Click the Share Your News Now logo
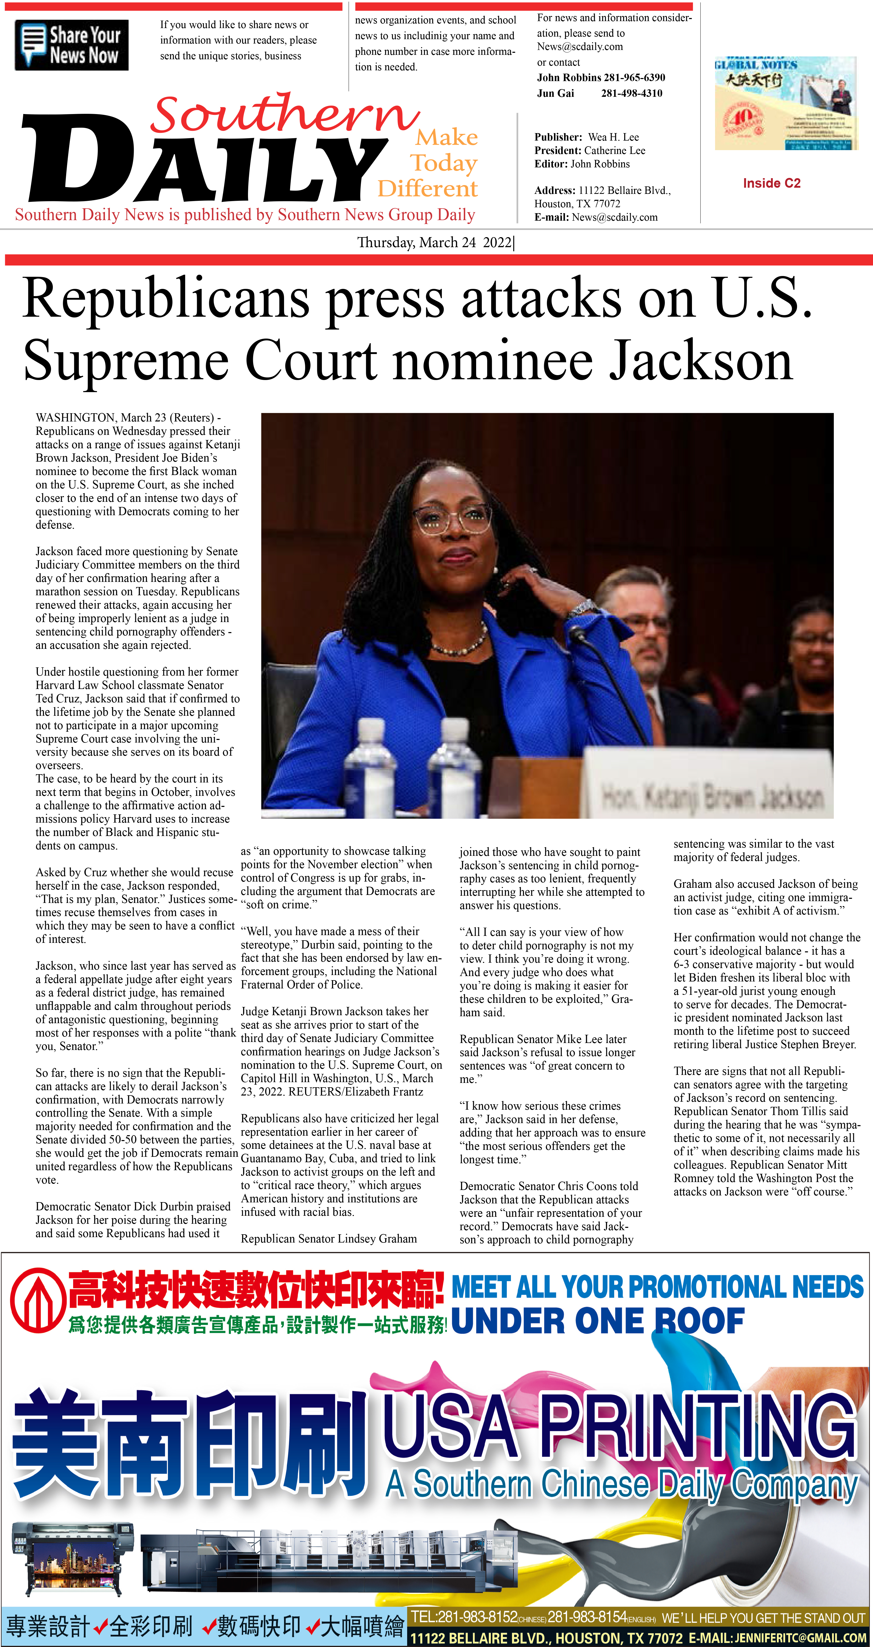tap(72, 45)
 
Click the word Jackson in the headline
tap(700, 361)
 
